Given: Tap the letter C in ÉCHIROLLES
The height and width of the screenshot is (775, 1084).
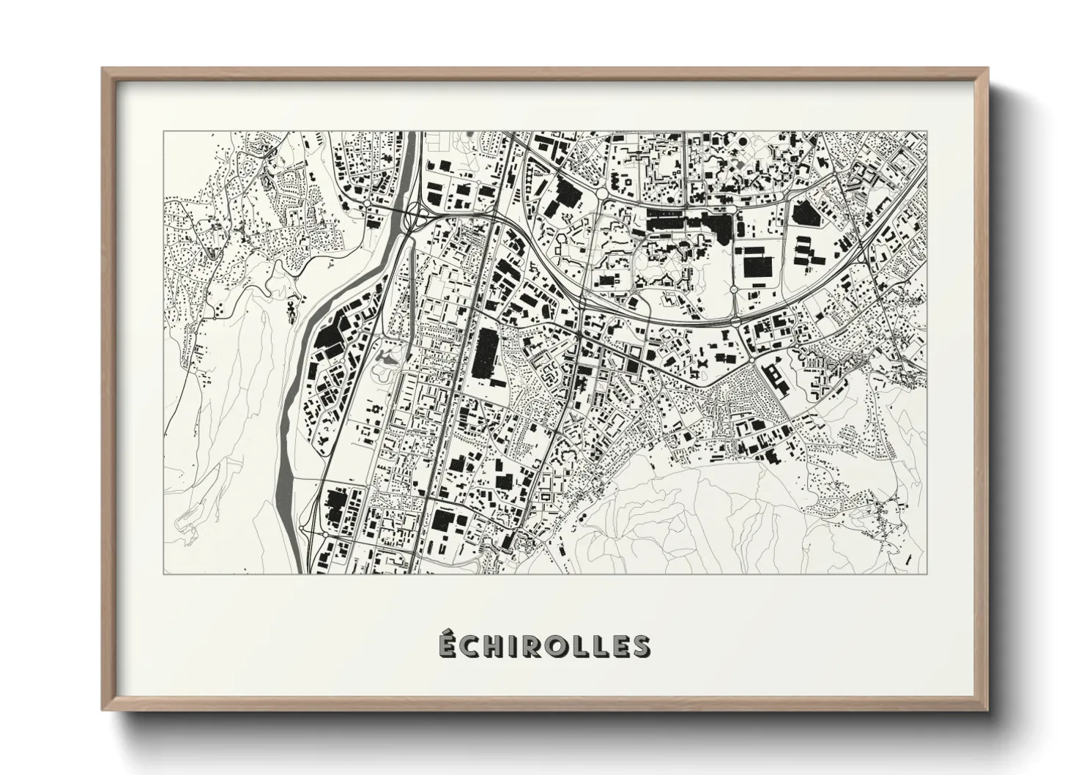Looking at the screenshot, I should click(472, 646).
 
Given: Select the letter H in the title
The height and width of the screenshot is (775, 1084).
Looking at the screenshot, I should click(497, 646).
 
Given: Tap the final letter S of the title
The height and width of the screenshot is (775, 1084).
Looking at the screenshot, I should click(640, 646).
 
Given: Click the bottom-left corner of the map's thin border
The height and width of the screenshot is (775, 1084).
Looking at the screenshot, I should click(164, 574).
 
